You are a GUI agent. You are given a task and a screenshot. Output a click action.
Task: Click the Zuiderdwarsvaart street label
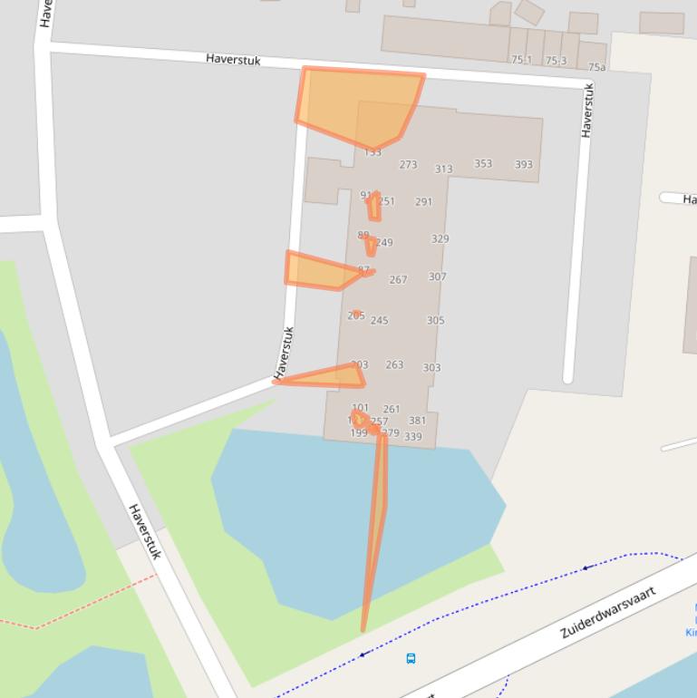tap(606, 613)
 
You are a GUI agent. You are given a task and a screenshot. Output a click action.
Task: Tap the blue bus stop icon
tap(411, 658)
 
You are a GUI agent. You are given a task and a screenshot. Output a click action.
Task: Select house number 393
tap(524, 164)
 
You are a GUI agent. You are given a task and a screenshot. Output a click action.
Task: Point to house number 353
tap(483, 163)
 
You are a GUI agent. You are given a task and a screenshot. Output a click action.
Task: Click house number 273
tap(408, 164)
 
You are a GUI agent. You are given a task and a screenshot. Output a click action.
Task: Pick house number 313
tap(443, 169)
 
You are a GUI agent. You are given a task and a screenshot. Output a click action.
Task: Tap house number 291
tap(423, 201)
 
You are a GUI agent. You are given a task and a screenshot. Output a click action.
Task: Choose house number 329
tap(440, 238)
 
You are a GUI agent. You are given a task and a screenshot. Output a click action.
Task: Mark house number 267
tap(398, 279)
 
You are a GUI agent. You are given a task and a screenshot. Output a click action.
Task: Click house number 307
tap(437, 276)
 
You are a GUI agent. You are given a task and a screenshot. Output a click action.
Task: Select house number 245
tap(379, 320)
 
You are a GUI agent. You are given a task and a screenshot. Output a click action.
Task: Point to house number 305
tap(435, 320)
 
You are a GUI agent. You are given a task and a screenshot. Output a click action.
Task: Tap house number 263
tap(394, 364)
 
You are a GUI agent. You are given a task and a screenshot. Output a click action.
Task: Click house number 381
tap(417, 420)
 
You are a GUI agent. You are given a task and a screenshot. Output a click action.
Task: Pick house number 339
tap(412, 436)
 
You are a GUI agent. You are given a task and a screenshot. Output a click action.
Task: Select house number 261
tap(392, 409)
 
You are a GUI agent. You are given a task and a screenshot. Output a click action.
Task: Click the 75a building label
tap(596, 67)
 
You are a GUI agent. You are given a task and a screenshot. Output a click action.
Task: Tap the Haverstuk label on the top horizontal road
tap(233, 59)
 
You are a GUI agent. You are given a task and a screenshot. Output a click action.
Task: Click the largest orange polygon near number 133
tap(358, 104)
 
